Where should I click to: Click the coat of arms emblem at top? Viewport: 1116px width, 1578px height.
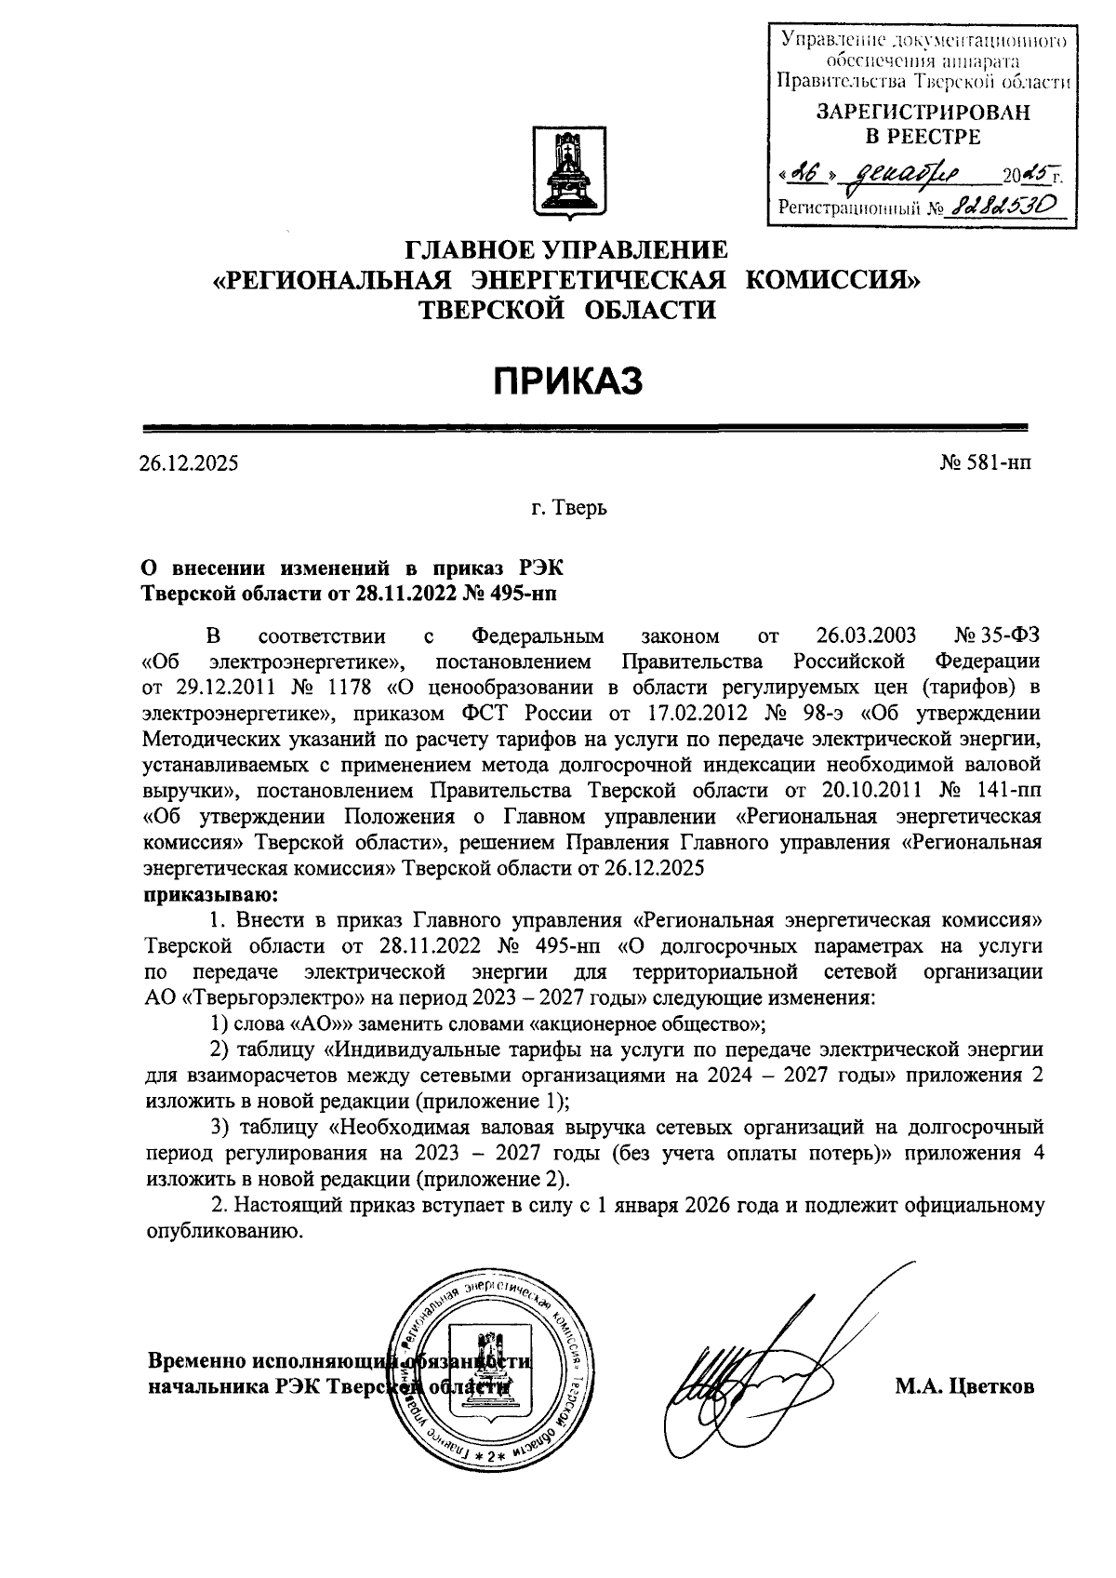coord(566,175)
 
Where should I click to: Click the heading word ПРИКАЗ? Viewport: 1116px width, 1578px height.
coord(566,381)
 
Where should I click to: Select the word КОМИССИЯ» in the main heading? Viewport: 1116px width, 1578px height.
coord(834,280)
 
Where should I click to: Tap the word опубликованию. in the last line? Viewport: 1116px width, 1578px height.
coord(224,1231)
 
